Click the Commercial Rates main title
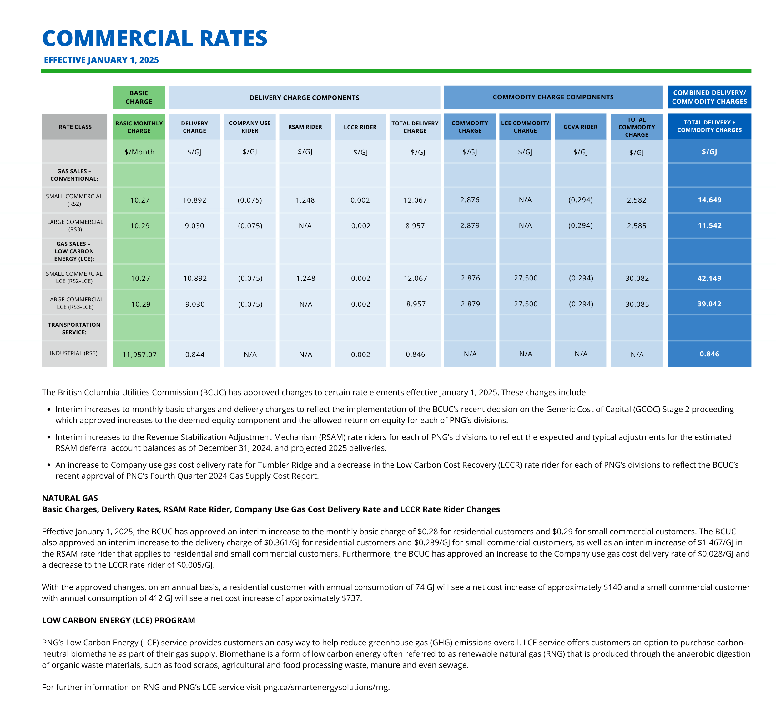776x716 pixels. (154, 38)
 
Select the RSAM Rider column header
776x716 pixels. (305, 127)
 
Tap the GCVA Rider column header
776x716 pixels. (580, 127)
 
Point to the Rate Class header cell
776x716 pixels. (75, 127)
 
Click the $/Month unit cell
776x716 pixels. (139, 152)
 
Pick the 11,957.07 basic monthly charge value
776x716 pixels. (139, 355)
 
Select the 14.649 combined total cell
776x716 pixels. (709, 200)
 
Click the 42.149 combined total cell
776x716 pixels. (709, 278)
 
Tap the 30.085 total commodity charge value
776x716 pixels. (637, 304)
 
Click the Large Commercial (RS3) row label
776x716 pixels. (75, 225)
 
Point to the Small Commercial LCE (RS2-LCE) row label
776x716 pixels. (74, 277)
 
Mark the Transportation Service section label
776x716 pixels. (74, 329)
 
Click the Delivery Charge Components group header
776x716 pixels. (305, 98)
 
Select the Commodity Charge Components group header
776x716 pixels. (553, 97)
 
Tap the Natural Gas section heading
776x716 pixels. (70, 498)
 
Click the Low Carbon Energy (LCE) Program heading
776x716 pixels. (118, 620)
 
